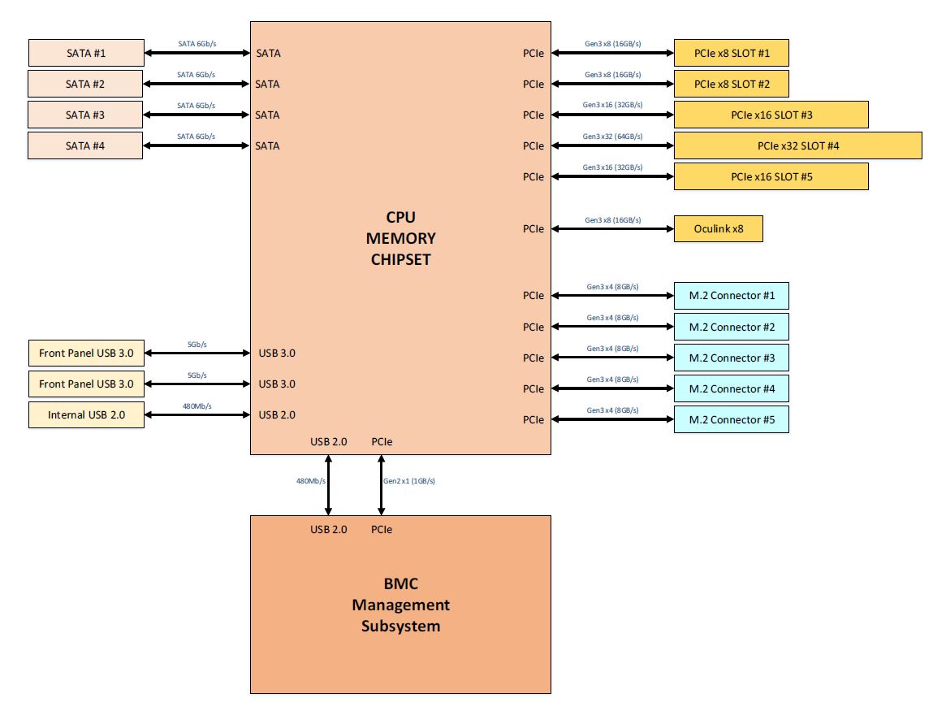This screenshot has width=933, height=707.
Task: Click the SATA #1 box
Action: pyautogui.click(x=86, y=54)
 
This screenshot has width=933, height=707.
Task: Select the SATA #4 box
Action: pyautogui.click(x=86, y=145)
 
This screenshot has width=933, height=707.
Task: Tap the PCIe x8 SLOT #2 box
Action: pyautogui.click(x=731, y=84)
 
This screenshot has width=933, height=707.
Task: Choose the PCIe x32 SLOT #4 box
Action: pyautogui.click(x=797, y=145)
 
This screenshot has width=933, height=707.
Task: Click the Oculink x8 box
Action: pyautogui.click(x=718, y=229)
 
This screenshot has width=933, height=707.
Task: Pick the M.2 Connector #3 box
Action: pyautogui.click(x=731, y=358)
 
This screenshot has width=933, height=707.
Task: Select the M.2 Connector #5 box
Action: pyautogui.click(x=731, y=419)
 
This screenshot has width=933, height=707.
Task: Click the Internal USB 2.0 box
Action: pyautogui.click(x=86, y=414)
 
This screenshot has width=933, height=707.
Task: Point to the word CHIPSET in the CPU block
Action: pyautogui.click(x=400, y=259)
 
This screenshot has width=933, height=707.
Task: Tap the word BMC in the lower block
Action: pyautogui.click(x=400, y=583)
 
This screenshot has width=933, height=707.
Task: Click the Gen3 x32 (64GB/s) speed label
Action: pyautogui.click(x=612, y=137)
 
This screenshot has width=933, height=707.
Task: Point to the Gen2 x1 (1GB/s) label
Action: pyautogui.click(x=409, y=481)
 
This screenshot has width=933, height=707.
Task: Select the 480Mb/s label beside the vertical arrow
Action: pyautogui.click(x=311, y=481)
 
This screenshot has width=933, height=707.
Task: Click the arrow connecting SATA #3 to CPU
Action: pyautogui.click(x=197, y=115)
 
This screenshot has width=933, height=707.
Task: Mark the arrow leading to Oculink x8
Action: pyautogui.click(x=612, y=229)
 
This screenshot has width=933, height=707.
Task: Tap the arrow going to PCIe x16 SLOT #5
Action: pyautogui.click(x=612, y=176)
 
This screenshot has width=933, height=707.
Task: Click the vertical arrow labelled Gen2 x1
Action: pyautogui.click(x=382, y=485)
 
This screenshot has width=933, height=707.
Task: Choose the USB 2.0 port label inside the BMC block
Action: pyautogui.click(x=328, y=529)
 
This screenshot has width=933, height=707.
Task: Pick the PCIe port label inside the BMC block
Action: pyautogui.click(x=382, y=529)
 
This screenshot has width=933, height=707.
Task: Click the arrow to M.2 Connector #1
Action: pyautogui.click(x=612, y=296)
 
